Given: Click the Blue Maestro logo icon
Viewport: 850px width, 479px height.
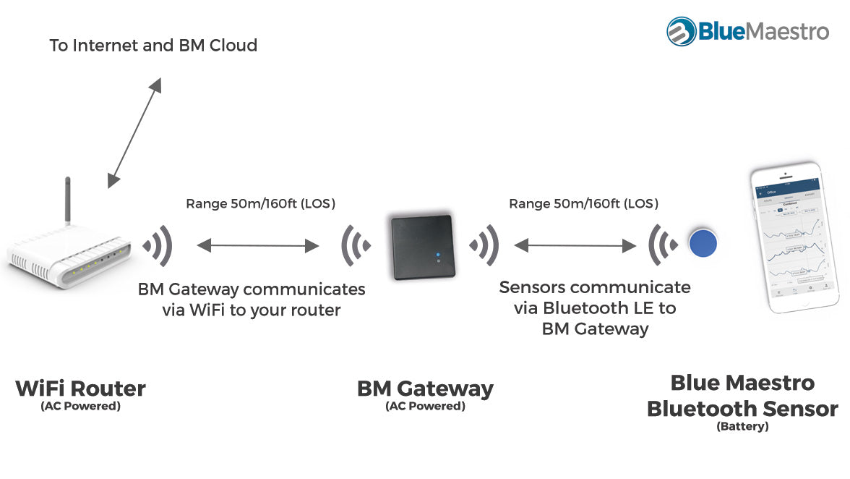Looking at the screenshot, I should [x=682, y=31].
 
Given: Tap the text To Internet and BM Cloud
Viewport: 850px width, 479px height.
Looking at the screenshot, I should [x=153, y=46].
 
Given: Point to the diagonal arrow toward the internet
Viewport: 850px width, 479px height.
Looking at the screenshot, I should [x=134, y=133].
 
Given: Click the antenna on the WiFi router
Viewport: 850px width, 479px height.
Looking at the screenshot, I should [x=68, y=199].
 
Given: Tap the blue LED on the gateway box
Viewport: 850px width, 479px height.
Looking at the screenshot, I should [x=437, y=255].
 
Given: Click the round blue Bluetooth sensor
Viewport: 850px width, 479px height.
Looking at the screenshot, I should [x=702, y=243].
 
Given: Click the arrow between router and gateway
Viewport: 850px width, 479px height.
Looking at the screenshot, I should [x=258, y=246].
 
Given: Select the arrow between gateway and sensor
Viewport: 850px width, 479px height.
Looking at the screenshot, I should [x=575, y=246].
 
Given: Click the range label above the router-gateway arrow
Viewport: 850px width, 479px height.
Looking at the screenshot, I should [x=261, y=204].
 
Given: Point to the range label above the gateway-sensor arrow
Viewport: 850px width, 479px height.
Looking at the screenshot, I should [x=584, y=204].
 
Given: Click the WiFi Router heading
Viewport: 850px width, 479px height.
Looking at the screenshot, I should [x=80, y=389].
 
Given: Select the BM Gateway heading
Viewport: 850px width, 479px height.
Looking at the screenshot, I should [x=425, y=389].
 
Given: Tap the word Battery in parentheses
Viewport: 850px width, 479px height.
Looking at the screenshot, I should [x=742, y=427].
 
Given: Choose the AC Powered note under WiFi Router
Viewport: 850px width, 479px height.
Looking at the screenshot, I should [x=80, y=406].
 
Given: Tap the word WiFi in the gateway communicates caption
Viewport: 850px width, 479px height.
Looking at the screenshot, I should [x=210, y=310].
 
